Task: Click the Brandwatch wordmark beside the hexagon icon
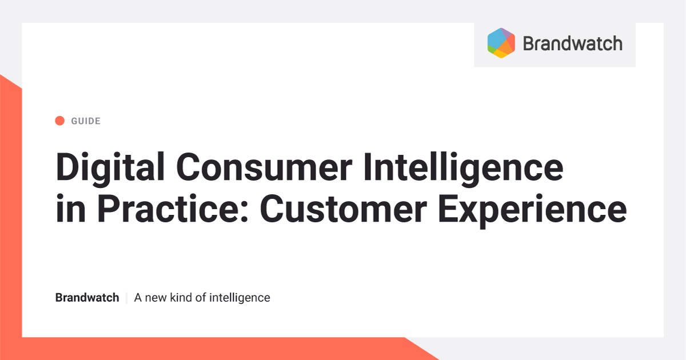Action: coord(572,43)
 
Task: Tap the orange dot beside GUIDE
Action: coord(59,121)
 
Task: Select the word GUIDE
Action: coord(86,121)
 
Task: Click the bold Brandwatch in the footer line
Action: coord(87,298)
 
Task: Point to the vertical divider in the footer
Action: coord(126,298)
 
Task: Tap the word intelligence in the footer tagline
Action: coord(240,298)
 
